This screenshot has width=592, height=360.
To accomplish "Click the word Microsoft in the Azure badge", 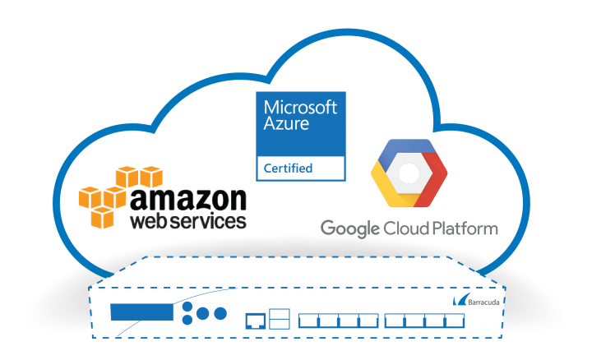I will [x=300, y=108].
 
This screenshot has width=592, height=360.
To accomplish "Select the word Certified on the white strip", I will [x=288, y=168].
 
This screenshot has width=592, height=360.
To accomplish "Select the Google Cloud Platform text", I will [x=409, y=228].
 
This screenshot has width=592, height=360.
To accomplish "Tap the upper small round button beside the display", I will [x=188, y=306].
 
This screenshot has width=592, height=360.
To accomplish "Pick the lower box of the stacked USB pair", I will [x=280, y=323].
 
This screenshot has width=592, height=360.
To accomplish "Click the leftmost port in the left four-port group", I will [x=308, y=319].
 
